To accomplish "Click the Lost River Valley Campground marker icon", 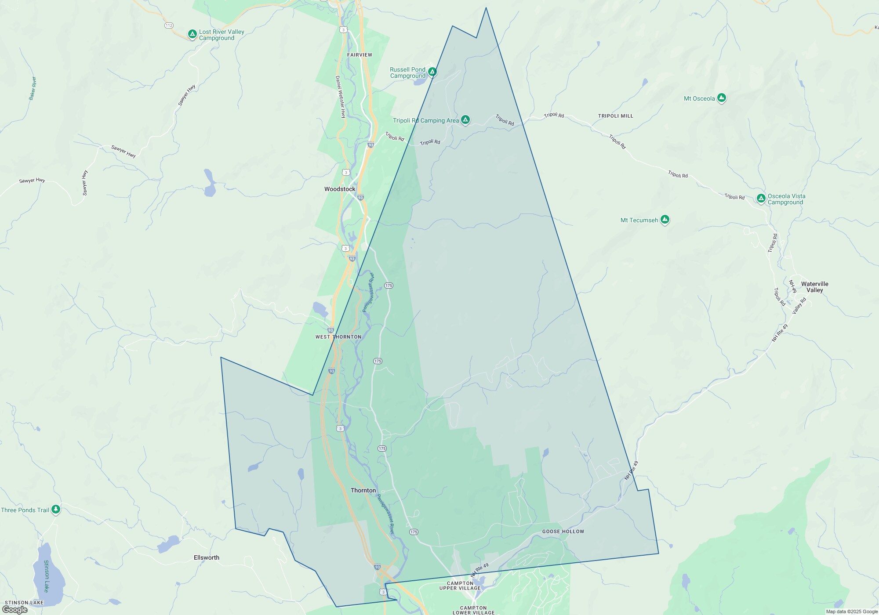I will coord(192,34).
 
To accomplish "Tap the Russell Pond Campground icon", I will coord(432,72).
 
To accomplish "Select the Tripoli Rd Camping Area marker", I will coord(465,119).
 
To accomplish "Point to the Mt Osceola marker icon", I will coord(721,98).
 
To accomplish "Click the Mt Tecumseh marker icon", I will coord(665,219).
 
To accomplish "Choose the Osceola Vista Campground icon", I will coord(761,198).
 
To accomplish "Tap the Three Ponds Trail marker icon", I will coord(55,509).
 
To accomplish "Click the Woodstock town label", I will coord(340,189).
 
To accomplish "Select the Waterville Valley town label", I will coord(814,287).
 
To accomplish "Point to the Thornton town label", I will coord(363,490).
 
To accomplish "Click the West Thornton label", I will coord(338,337).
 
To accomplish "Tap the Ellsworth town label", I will coord(207,557).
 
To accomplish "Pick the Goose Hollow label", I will coord(563,532).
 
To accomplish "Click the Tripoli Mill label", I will coord(615,116).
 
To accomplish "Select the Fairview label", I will coord(360,55).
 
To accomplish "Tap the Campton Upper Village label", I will coord(460,586).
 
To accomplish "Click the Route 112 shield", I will coord(169,25).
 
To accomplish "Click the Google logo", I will coord(15,609).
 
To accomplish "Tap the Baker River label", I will coord(33,88).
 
